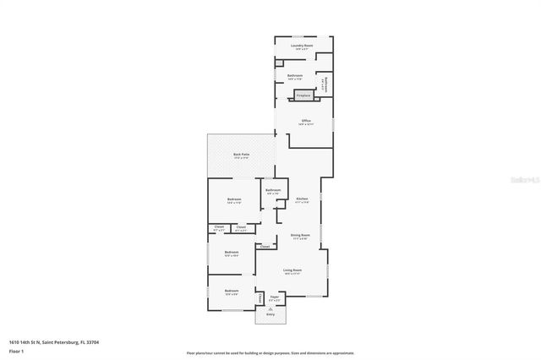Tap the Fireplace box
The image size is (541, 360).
pyautogui.click(x=303, y=95)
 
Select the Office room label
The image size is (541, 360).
pyautogui.click(x=305, y=121)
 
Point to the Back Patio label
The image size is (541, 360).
pyautogui.click(x=241, y=155)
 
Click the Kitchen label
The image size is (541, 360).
pyautogui.click(x=302, y=199)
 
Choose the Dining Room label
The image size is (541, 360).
pyautogui.click(x=300, y=236)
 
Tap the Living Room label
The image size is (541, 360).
pyautogui.click(x=292, y=270)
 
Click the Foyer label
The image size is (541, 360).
pyautogui.click(x=274, y=297)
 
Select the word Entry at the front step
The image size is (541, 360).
pyautogui.click(x=270, y=314)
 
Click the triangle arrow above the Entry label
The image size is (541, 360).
pyautogui.click(x=270, y=308)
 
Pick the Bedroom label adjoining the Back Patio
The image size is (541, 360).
pyautogui.click(x=234, y=199)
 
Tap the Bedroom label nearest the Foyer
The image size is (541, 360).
pyautogui.click(x=232, y=291)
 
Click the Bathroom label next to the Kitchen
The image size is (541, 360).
pyautogui.click(x=272, y=190)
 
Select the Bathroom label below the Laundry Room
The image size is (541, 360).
pyautogui.click(x=295, y=76)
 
